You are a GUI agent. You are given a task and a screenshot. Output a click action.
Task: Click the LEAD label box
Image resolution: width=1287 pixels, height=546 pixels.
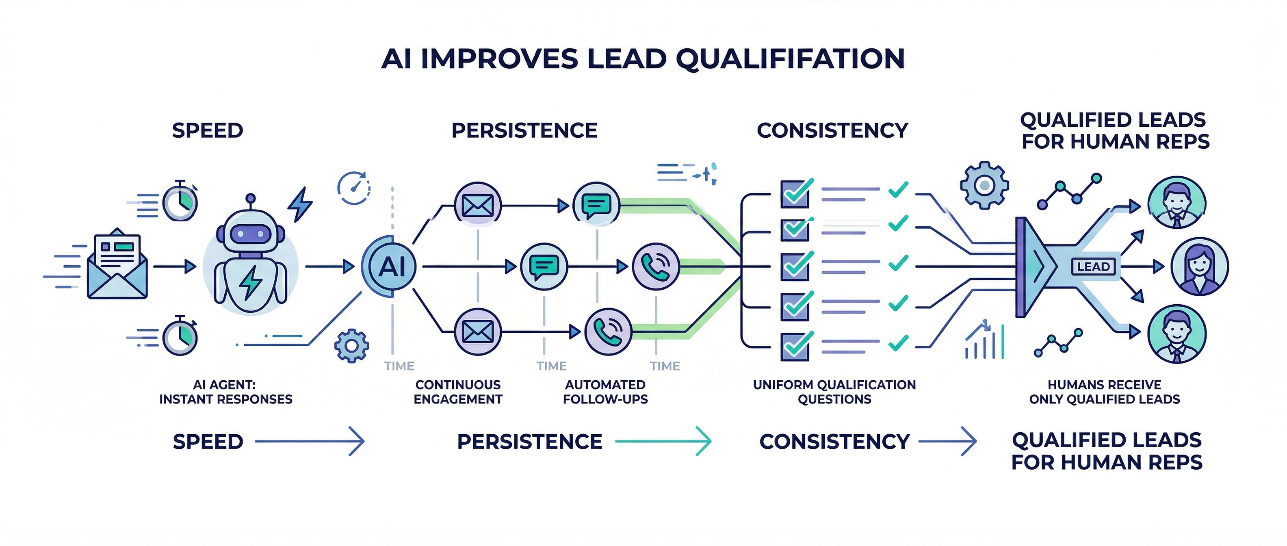[x=1093, y=267]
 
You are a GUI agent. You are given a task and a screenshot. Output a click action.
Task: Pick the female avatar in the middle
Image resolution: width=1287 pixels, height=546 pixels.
[x=1199, y=267]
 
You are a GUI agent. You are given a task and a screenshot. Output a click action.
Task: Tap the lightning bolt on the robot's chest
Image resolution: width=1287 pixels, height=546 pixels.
[x=250, y=282]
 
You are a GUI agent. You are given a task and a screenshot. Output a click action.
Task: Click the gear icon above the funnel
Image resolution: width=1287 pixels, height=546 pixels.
[x=984, y=185]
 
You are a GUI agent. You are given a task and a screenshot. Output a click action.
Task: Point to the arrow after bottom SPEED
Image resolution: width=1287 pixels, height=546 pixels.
[x=310, y=441]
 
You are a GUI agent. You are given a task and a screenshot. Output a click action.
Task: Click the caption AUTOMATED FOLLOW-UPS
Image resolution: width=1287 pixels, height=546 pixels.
[x=605, y=392]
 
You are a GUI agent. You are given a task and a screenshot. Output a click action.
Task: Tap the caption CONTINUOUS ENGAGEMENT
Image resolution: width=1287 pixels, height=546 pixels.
[x=458, y=392]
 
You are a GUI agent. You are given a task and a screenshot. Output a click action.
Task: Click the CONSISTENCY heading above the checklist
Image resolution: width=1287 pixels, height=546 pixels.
[x=832, y=131]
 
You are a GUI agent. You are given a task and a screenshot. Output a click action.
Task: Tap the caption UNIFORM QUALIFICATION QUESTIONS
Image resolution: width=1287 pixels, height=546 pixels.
[x=834, y=392]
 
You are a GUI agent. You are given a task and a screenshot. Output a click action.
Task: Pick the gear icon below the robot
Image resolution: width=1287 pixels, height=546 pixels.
[x=352, y=346]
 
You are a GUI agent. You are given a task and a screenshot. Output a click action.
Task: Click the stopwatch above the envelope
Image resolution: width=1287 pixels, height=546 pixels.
[x=180, y=202]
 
